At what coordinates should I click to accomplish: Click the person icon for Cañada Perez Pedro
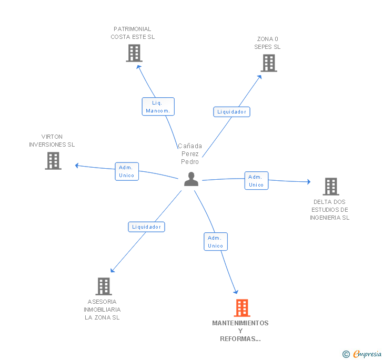[191, 179]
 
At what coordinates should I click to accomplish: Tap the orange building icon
[242, 307]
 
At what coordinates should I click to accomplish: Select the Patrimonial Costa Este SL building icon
[134, 53]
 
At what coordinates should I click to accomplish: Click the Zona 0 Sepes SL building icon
[269, 63]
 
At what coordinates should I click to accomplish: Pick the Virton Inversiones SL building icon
[53, 161]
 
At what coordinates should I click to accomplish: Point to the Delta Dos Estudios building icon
[330, 186]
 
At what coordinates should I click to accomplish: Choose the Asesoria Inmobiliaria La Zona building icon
[104, 286]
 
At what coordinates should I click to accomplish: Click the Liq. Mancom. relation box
[158, 107]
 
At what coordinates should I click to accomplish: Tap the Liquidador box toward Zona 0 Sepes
[231, 111]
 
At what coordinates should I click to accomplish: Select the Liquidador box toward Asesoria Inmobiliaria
[146, 227]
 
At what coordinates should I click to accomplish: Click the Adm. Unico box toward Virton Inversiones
[127, 171]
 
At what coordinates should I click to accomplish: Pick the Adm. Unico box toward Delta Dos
[256, 181]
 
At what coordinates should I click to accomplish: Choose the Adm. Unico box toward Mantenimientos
[216, 242]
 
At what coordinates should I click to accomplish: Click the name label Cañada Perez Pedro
[190, 153]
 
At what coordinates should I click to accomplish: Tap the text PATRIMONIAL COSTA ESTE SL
[133, 33]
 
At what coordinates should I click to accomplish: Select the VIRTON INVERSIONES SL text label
[52, 140]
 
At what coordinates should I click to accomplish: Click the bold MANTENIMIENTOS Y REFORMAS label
[240, 331]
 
